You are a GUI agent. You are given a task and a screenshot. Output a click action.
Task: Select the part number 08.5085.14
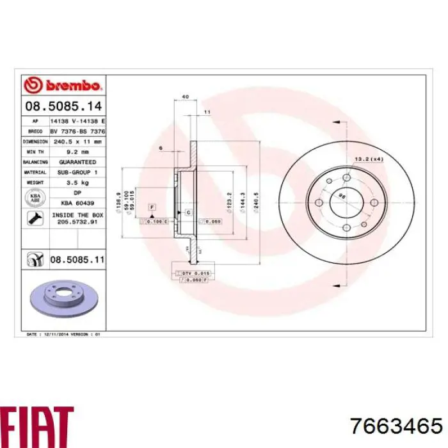click(x=63, y=106)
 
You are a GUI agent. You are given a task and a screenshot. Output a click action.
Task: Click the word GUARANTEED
click(x=77, y=163)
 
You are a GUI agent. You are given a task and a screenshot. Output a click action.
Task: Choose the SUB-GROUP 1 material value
click(x=77, y=173)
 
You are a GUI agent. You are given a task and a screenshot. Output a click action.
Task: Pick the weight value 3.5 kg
click(x=77, y=183)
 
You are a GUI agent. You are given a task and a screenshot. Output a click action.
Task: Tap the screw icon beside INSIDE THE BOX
click(x=35, y=218)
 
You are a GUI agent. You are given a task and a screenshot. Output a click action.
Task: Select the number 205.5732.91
click(x=77, y=222)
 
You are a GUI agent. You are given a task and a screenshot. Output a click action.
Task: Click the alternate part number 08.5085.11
click(x=77, y=259)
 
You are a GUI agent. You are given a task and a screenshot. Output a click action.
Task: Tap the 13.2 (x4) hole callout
click(x=369, y=158)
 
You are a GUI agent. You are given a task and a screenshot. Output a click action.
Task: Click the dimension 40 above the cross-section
click(x=186, y=97)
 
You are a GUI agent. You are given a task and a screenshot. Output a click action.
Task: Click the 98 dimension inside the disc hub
click(x=342, y=197)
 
